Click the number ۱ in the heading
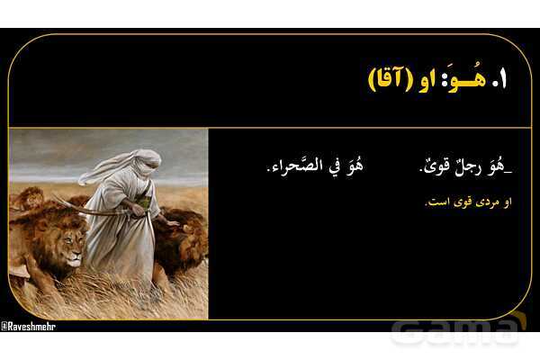point(500,78)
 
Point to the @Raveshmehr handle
point(29,326)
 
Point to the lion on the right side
point(184,238)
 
